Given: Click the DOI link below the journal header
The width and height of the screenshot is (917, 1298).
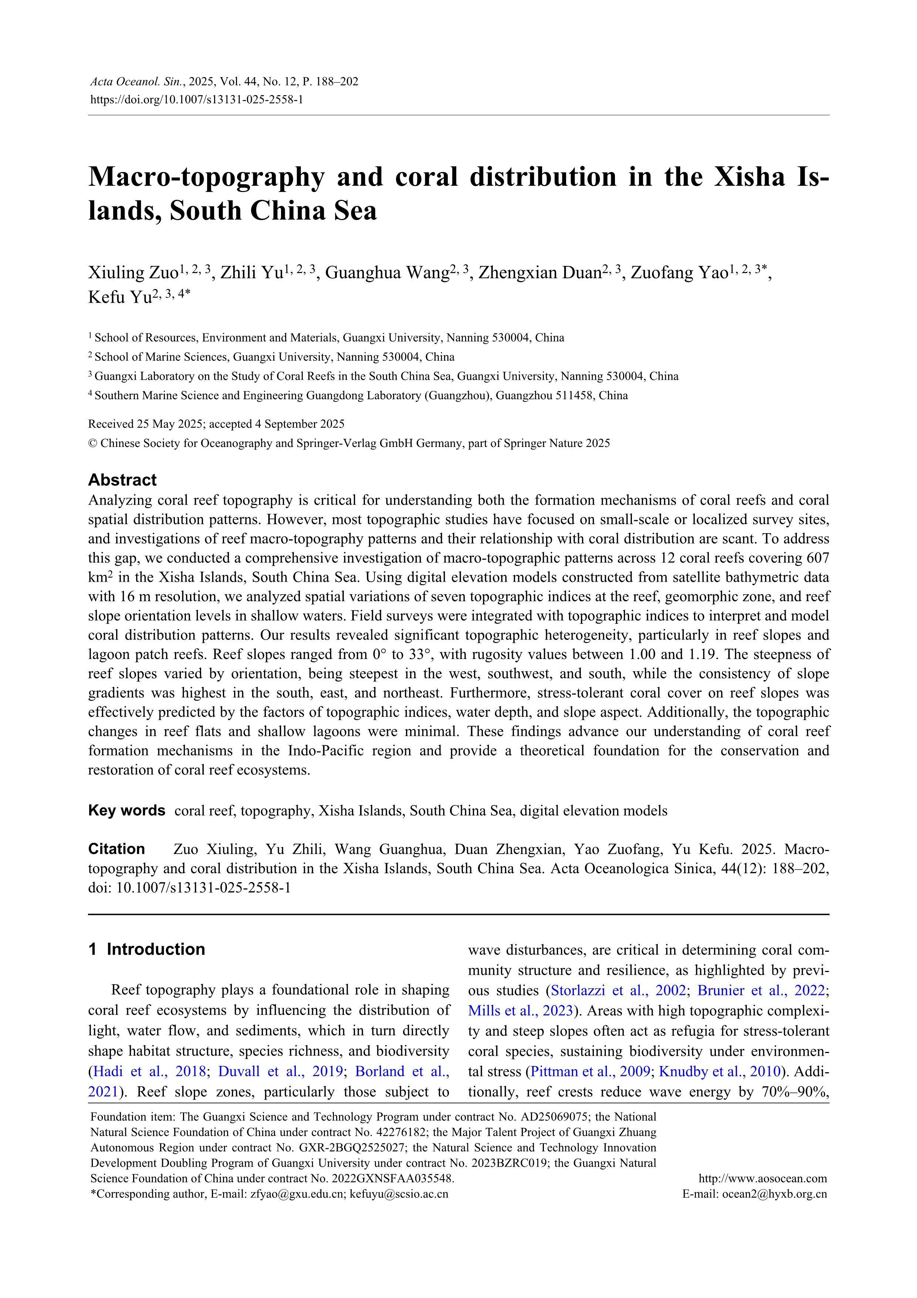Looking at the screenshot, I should (x=197, y=100).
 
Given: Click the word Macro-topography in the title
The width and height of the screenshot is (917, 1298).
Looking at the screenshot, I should (x=206, y=177).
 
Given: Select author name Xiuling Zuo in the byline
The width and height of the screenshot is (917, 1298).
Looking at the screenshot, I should (x=133, y=273).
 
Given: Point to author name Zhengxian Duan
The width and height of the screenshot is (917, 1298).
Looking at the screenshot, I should (x=539, y=273).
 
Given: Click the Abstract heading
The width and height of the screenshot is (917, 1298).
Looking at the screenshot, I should (x=122, y=480).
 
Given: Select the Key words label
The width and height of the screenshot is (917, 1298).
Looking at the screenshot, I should (x=126, y=811).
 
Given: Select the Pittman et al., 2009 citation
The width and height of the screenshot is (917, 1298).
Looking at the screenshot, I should (x=591, y=1071).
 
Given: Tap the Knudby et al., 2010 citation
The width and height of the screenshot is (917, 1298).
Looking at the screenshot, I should (x=720, y=1071).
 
